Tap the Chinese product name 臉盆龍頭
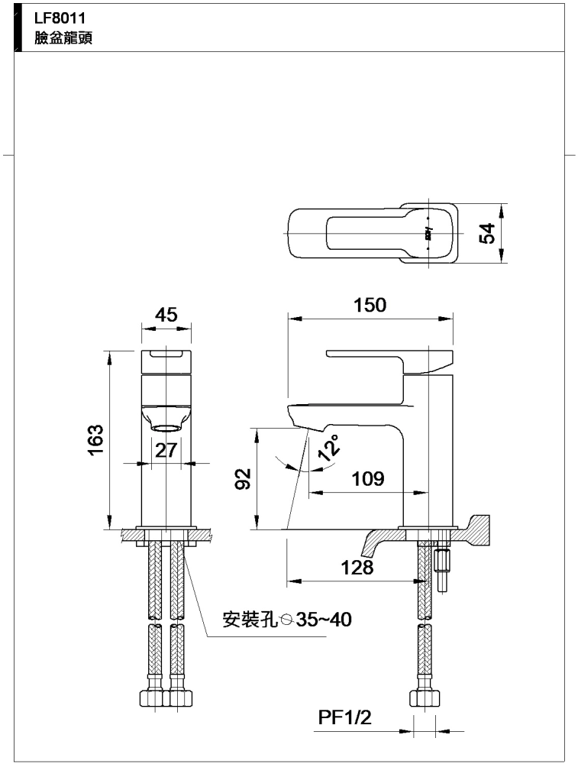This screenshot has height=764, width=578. [63, 38]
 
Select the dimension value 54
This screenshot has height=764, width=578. [487, 233]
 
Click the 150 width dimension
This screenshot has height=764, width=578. [370, 305]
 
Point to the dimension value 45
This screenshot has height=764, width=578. [166, 315]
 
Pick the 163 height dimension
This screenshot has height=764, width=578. [96, 439]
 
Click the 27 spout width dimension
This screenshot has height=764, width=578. [166, 450]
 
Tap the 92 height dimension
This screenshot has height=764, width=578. [243, 478]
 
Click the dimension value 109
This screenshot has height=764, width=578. [368, 479]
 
